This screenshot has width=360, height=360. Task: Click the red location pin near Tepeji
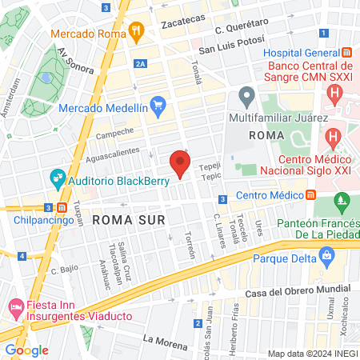[x=180, y=164]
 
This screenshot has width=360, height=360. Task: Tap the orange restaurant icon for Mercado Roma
[x=138, y=34]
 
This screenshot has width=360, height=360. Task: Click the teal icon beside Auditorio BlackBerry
[x=57, y=179]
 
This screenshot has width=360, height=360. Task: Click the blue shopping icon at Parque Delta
[x=326, y=255]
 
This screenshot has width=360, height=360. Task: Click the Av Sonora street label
[x=76, y=58]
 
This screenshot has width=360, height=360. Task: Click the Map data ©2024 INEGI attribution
[x=312, y=353]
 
